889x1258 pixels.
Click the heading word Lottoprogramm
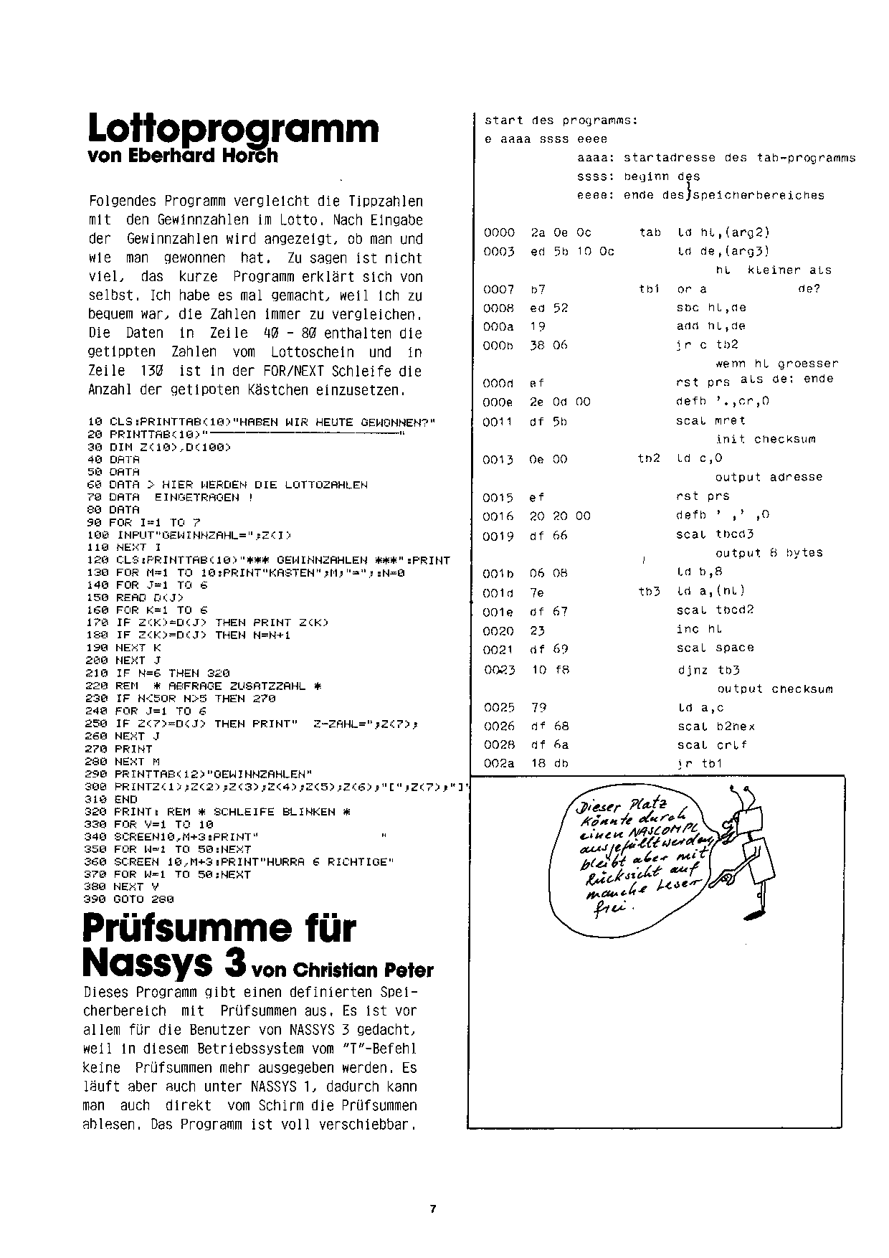pyautogui.click(x=233, y=129)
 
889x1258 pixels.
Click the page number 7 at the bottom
pyautogui.click(x=433, y=1209)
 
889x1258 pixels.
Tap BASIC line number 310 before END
pyautogui.click(x=96, y=799)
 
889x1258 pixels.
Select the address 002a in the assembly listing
pyautogui.click(x=499, y=764)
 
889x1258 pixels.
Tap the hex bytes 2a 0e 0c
pyautogui.click(x=561, y=232)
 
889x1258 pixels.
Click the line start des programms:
pyautogui.click(x=561, y=120)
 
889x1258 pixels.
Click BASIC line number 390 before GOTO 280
pyautogui.click(x=96, y=899)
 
